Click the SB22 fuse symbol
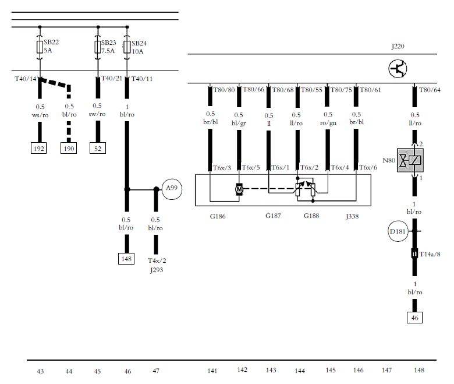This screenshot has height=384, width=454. click(x=40, y=47)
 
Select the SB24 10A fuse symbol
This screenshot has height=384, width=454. click(x=127, y=47)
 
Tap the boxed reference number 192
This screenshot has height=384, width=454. click(x=39, y=149)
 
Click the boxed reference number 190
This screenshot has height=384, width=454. click(x=69, y=149)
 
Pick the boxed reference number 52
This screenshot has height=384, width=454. click(x=98, y=149)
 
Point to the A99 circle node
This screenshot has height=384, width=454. click(x=172, y=189)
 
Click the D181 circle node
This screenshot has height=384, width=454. click(x=398, y=231)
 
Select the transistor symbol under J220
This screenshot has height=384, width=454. click(x=398, y=69)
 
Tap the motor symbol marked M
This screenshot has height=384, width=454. click(x=239, y=189)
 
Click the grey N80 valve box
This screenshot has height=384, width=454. click(x=410, y=160)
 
